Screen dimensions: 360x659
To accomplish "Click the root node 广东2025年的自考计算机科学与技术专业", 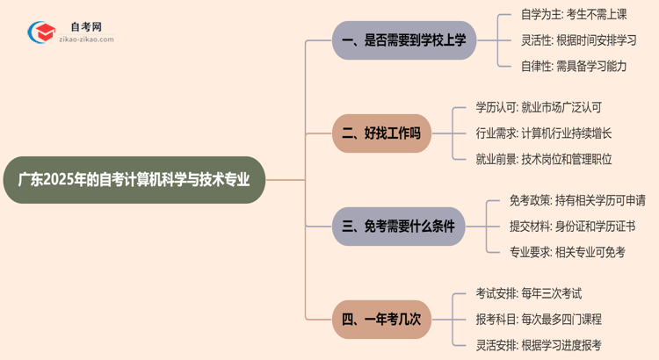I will (x=134, y=180).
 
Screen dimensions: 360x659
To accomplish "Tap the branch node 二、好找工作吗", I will (x=380, y=133).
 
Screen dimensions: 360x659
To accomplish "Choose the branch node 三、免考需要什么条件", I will (x=398, y=227).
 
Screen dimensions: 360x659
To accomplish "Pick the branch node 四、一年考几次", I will (x=380, y=319).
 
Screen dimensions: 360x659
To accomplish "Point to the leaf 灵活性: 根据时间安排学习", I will (x=578, y=40).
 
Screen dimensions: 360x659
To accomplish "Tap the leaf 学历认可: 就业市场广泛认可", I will (x=539, y=108).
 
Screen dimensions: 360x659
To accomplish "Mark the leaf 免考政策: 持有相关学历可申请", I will (x=577, y=201).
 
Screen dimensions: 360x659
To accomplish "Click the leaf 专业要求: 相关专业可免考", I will (x=567, y=252).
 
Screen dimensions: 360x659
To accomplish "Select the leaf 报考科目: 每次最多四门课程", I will (x=538, y=320).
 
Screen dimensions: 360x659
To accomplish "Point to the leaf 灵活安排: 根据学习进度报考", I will (x=538, y=345).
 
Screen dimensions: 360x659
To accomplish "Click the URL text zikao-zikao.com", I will (x=86, y=40).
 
